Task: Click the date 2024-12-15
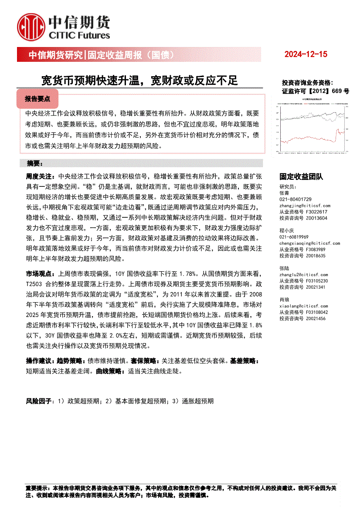coord(305,54)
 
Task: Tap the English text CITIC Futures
coord(79,36)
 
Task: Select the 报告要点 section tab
coord(37,99)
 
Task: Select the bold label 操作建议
coord(38,361)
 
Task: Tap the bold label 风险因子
coord(38,401)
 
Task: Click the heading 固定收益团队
coord(301,176)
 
